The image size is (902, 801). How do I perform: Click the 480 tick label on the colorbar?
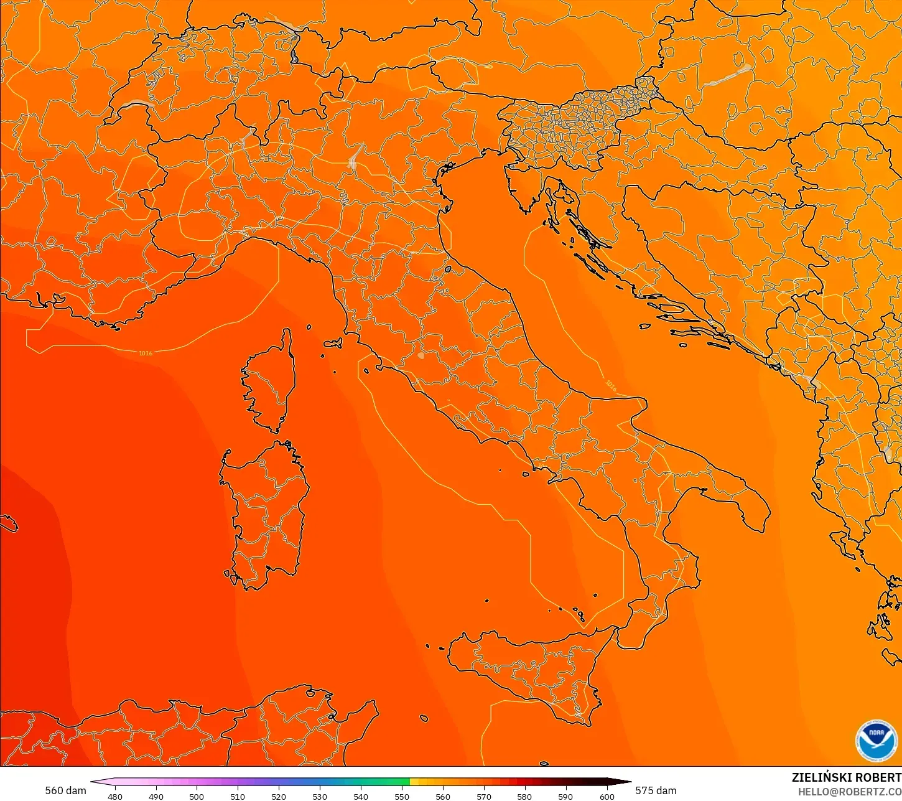(x=115, y=796)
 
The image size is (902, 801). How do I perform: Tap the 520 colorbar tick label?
(x=279, y=796)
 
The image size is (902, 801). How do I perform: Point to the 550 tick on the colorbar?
(x=402, y=796)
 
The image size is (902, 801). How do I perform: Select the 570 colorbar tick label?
(x=483, y=796)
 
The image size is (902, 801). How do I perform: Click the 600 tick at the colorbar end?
(x=607, y=796)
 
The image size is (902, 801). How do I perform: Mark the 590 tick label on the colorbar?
(x=565, y=796)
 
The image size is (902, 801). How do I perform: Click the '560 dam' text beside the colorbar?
(x=65, y=790)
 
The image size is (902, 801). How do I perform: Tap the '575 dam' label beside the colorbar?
(x=656, y=790)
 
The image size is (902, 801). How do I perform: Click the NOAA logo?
(x=876, y=741)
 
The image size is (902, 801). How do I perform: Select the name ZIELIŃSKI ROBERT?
(x=846, y=777)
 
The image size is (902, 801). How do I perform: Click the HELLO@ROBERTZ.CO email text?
(x=850, y=792)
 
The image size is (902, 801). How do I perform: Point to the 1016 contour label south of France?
(x=145, y=354)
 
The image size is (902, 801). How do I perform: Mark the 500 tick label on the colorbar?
(x=197, y=796)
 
